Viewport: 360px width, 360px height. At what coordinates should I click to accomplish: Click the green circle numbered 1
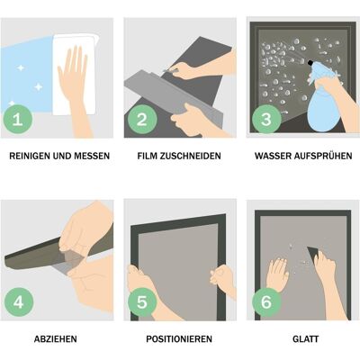18,119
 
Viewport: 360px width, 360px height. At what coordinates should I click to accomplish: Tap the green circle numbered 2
142,119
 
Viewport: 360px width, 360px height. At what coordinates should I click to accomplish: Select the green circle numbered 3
266,119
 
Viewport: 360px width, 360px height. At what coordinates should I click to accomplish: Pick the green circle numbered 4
18,301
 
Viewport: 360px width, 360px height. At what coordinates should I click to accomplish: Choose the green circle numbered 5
142,301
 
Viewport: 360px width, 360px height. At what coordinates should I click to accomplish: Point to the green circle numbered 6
266,301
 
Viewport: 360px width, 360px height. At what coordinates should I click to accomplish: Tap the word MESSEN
92,156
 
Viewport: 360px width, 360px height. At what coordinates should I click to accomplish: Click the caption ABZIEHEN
56,339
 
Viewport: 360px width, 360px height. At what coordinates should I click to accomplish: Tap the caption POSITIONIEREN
179,339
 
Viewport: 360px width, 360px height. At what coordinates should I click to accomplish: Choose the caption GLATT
305,339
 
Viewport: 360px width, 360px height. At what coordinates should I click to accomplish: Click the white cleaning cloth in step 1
75,75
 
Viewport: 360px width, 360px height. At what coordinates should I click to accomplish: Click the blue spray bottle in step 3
321,102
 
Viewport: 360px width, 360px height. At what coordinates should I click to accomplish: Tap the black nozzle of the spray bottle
311,63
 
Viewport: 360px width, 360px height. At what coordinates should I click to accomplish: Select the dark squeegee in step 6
314,255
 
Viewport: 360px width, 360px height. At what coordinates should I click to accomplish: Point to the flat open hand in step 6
277,274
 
